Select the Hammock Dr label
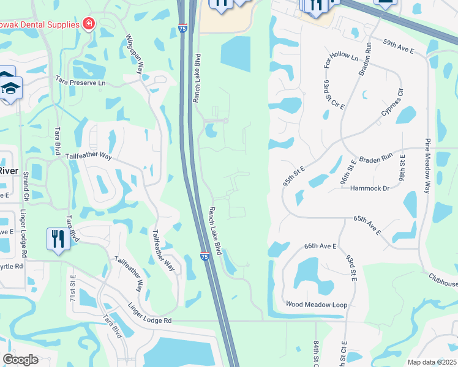point(370,188)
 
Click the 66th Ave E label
point(320,246)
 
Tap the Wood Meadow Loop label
point(317,304)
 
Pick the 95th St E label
point(294,174)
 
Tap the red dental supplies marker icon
point(89,24)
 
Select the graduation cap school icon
point(10,89)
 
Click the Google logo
point(21,360)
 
